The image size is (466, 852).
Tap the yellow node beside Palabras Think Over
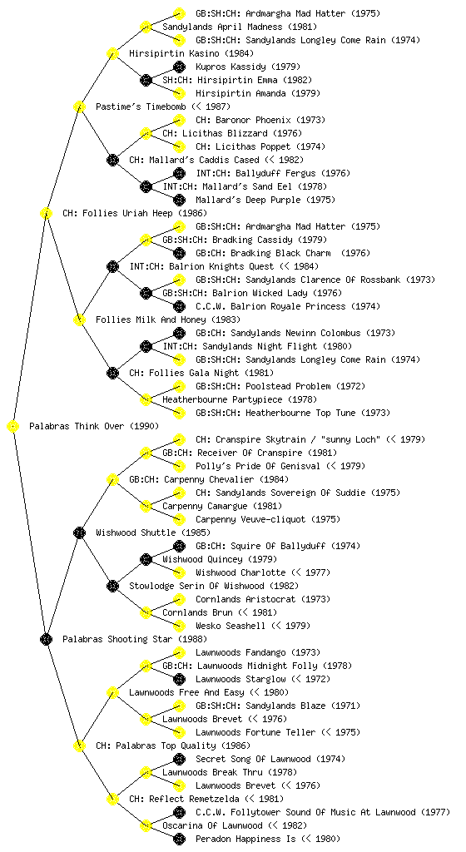12,427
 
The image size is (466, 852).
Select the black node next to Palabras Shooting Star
46,640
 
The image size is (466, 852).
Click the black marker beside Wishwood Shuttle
79,533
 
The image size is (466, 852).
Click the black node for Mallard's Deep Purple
179,200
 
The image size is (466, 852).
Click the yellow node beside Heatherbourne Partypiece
146,400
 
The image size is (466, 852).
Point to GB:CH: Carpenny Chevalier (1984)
209,480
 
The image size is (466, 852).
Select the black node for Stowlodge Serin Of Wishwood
112,587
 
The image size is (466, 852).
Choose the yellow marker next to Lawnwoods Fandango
179,652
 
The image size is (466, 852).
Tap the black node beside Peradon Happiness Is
179,839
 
